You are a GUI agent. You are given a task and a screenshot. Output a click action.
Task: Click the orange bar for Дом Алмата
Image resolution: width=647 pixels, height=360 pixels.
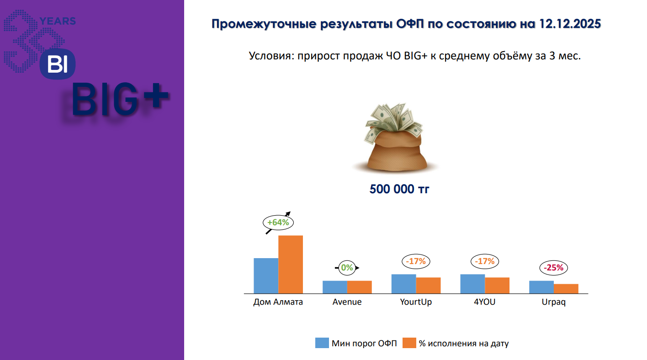pos(291,265)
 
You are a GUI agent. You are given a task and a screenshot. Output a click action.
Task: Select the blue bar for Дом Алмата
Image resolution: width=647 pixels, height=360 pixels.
pos(266,275)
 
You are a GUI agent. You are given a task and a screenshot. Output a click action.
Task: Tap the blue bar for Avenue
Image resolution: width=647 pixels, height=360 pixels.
pos(335,287)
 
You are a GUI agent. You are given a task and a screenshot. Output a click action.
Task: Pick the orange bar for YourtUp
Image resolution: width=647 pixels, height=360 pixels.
pos(428,286)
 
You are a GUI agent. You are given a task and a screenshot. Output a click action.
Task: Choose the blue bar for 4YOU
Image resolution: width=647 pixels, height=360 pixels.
pos(472,284)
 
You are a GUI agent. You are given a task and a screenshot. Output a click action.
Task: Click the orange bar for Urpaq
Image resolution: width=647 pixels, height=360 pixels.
pos(566,289)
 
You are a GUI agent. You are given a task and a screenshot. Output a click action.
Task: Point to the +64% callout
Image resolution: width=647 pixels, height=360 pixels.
pos(278,222)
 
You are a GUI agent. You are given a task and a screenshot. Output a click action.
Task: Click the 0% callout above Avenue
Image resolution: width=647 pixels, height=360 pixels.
pos(347,268)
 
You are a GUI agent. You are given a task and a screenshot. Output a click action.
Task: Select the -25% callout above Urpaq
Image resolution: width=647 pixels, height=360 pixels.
pos(553,268)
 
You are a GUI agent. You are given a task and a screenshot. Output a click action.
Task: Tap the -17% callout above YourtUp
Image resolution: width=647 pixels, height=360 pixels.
pos(416,261)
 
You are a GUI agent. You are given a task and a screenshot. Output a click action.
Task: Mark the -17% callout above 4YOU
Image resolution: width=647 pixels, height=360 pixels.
pos(485,261)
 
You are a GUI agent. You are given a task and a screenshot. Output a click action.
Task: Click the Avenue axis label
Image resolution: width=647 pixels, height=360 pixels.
pos(347,302)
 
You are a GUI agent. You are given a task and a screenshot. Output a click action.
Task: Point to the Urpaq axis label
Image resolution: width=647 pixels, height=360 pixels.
pos(553,302)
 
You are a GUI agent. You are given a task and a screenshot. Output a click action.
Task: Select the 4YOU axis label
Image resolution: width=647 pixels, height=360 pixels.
pos(485,302)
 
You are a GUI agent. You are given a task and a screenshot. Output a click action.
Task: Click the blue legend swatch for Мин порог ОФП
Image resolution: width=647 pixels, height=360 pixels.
pos(322,343)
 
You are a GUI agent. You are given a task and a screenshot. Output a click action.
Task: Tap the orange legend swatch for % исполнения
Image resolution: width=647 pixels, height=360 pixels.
pos(409,343)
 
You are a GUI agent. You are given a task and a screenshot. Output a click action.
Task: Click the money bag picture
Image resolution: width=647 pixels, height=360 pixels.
pos(395,138)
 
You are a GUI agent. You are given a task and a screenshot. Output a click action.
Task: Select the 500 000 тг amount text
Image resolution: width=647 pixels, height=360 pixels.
pos(399,189)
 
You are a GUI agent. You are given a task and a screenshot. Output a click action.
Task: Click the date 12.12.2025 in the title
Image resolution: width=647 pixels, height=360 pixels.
pos(570,24)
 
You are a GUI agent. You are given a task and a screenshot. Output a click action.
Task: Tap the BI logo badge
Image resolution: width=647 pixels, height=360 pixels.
pos(58,64)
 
